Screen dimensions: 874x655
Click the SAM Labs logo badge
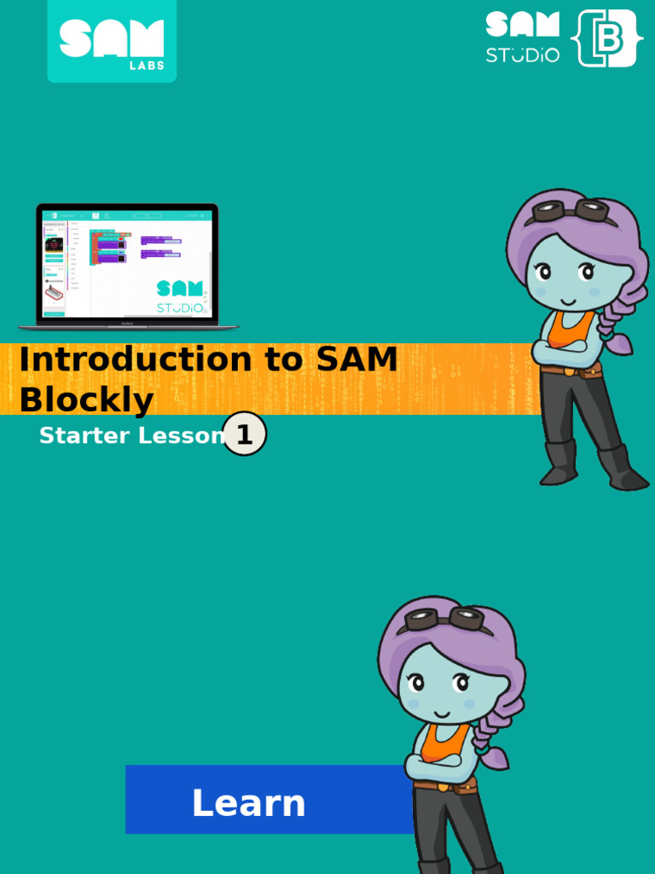click(112, 40)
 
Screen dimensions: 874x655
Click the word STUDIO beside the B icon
click(523, 55)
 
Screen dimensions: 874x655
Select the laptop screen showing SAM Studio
click(127, 265)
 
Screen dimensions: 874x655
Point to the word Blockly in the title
click(86, 399)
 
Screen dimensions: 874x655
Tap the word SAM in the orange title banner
click(357, 360)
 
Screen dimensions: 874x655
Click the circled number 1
click(245, 434)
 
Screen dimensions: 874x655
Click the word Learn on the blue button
click(248, 803)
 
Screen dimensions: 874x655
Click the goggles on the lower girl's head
click(443, 619)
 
